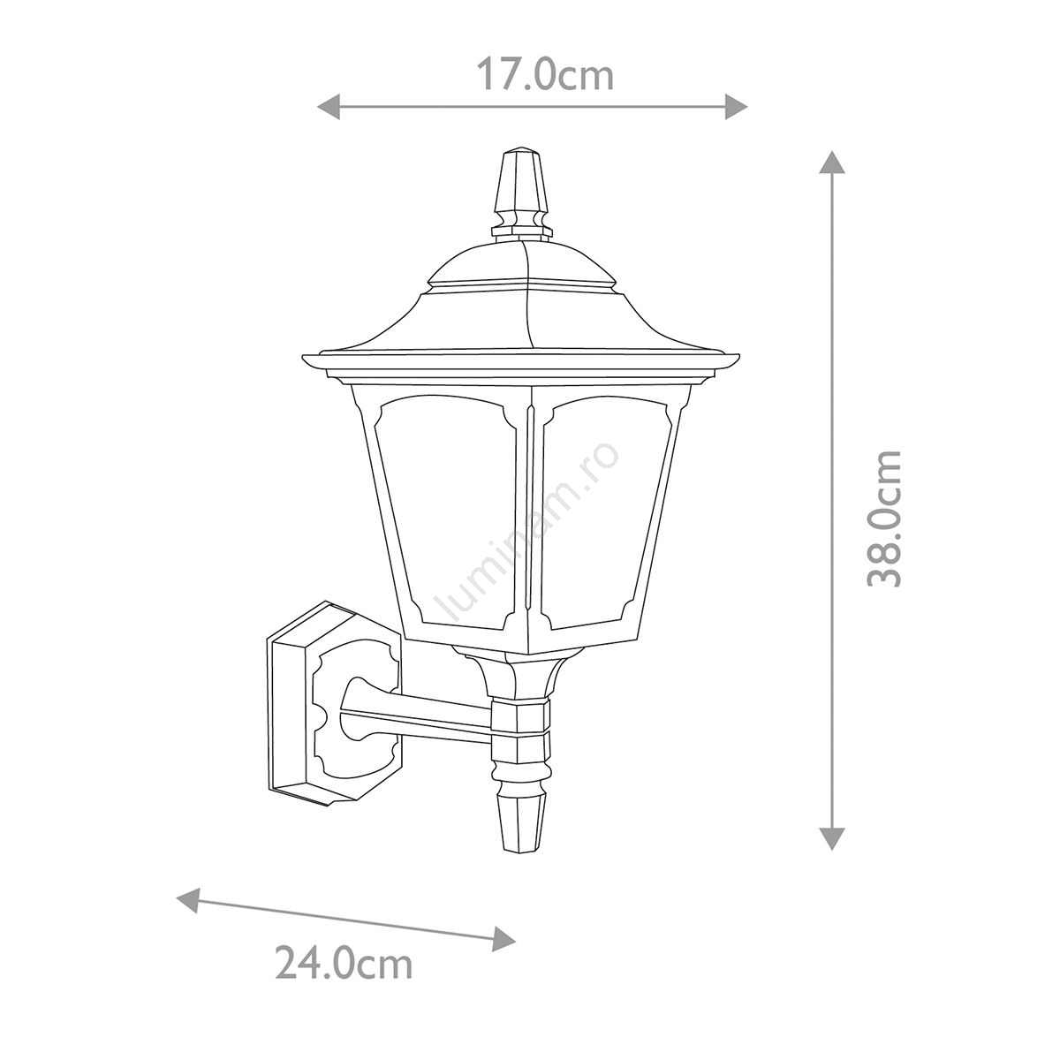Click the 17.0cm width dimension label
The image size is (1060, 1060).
pyautogui.click(x=545, y=75)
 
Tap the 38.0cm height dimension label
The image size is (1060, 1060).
pyautogui.click(x=884, y=519)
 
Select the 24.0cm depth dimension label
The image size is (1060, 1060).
pyautogui.click(x=344, y=979)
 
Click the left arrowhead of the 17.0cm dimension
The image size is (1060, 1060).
pyautogui.click(x=329, y=107)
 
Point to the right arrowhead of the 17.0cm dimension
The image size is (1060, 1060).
pyautogui.click(x=736, y=107)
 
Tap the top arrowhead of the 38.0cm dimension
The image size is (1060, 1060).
pyautogui.click(x=832, y=162)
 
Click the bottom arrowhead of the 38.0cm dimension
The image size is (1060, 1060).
pyautogui.click(x=832, y=838)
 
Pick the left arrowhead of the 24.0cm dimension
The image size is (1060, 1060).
pyautogui.click(x=188, y=900)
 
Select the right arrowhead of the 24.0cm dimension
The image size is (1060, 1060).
pyautogui.click(x=503, y=939)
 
